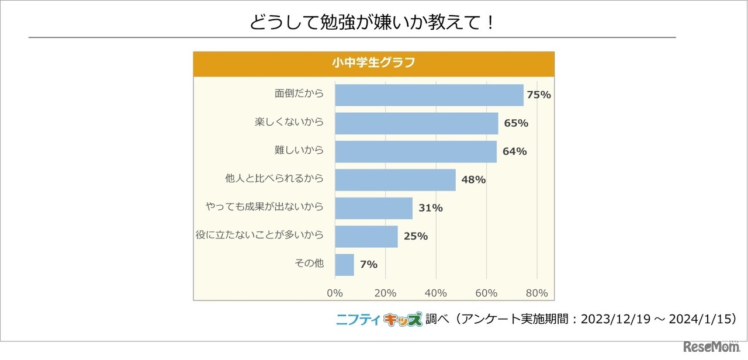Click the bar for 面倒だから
pos(429,95)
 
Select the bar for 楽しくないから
pos(416,123)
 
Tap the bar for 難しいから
pos(415,151)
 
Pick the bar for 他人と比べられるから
pos(395,179)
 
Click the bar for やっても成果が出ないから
pos(373,207)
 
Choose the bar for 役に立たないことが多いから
pos(366,236)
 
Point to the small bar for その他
pos(344,264)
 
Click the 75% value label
pos(539,95)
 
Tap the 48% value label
pos(473,179)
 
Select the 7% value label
pos(369,264)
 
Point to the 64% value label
pos(514,151)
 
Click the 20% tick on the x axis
pos(385,293)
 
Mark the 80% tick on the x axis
pos(536,293)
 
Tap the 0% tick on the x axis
pos(335,293)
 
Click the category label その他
pos(309,264)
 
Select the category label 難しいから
pos(299,151)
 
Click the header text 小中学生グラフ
pos(373,63)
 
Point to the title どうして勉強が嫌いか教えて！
pos(373,22)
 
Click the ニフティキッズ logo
pos(378,319)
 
